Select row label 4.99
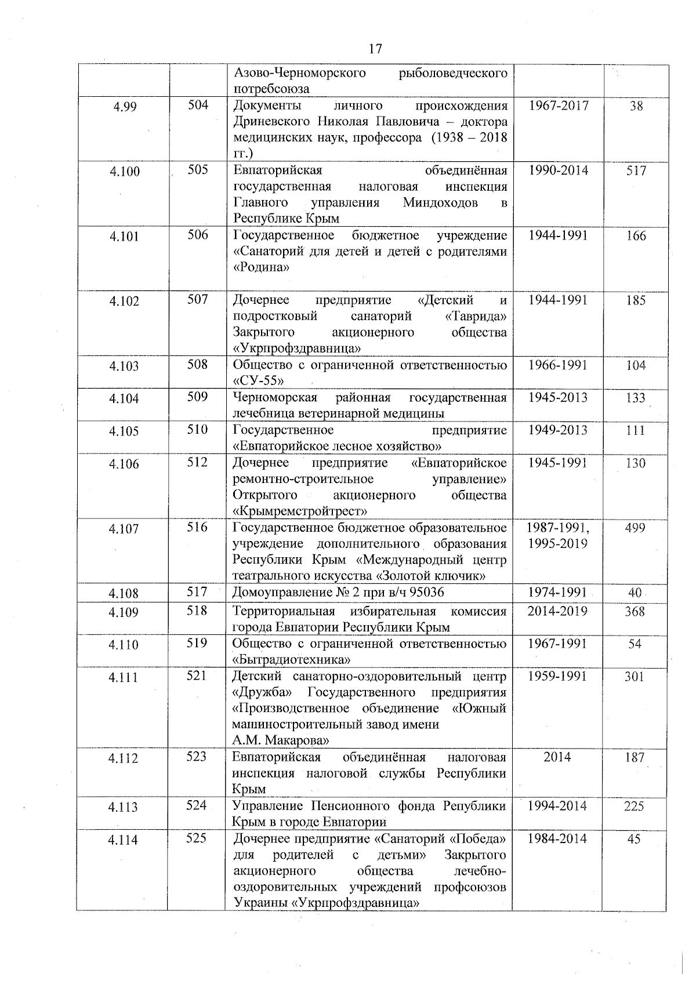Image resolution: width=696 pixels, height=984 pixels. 125,107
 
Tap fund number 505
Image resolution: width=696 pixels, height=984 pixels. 197,170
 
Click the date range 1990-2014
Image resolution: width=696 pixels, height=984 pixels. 558,170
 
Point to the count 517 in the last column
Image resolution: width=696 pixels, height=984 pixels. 636,171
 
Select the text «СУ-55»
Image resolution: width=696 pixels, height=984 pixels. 259,381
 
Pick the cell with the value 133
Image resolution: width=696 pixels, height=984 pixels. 636,398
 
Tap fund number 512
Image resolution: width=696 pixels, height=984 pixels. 197,463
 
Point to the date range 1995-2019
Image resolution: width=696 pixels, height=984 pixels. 557,544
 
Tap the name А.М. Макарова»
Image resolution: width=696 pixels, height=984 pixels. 281,740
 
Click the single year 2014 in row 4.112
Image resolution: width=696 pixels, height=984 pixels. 557,757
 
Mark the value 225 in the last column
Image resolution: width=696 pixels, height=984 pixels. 634,807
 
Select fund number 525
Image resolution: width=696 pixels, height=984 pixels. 197,838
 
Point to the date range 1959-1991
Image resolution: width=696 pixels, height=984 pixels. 557,676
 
